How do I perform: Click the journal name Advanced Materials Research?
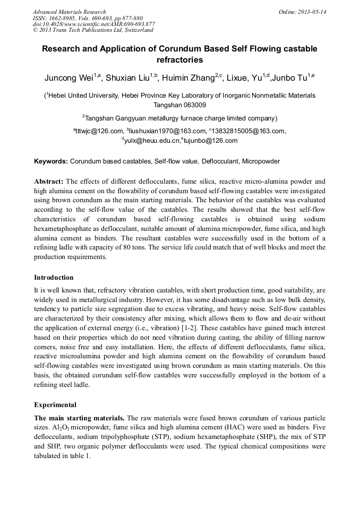(x=69, y=12)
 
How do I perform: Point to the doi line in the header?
(x=93, y=24)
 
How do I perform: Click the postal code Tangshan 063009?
(x=179, y=105)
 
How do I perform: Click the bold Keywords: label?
(x=51, y=161)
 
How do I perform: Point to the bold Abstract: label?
(x=49, y=180)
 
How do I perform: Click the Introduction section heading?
(x=54, y=278)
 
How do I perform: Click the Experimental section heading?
(x=55, y=404)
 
